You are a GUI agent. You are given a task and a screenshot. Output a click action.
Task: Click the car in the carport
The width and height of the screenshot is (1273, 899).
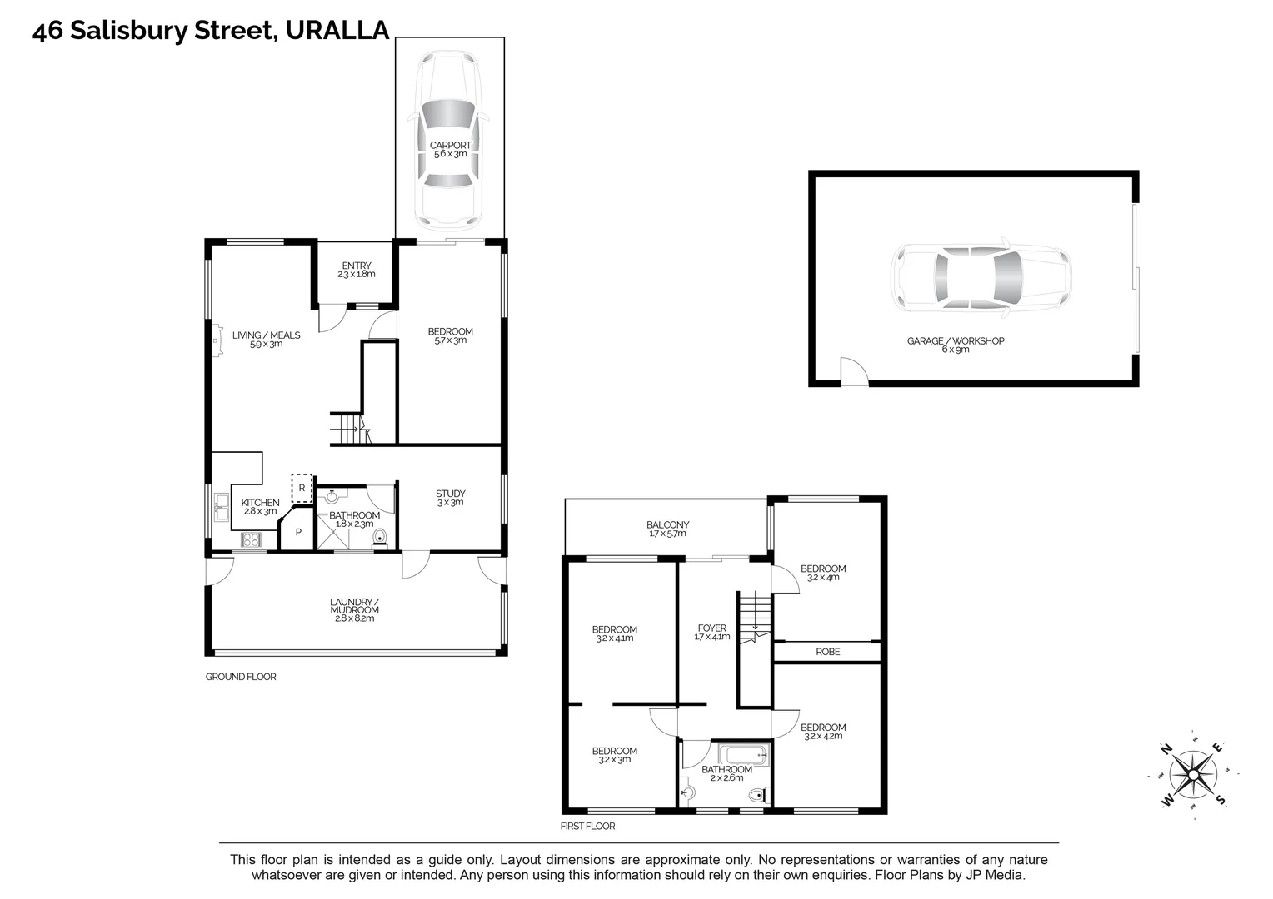[x=450, y=142]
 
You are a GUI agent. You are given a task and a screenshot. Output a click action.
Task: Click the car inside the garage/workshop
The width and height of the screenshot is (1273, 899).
[x=981, y=279]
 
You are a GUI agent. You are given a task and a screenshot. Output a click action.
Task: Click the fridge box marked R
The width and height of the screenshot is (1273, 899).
[x=301, y=488]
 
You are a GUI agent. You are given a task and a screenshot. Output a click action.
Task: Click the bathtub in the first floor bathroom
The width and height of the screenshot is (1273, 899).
[x=743, y=757]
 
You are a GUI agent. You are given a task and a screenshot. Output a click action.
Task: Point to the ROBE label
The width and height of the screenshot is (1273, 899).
[x=827, y=652]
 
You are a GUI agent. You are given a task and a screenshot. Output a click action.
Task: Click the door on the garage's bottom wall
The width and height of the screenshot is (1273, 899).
[x=853, y=373]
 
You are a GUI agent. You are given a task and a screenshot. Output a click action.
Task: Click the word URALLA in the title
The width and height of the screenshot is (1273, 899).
[x=337, y=31]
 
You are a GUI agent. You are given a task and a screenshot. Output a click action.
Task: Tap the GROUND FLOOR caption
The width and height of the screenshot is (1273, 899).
[x=241, y=677]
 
